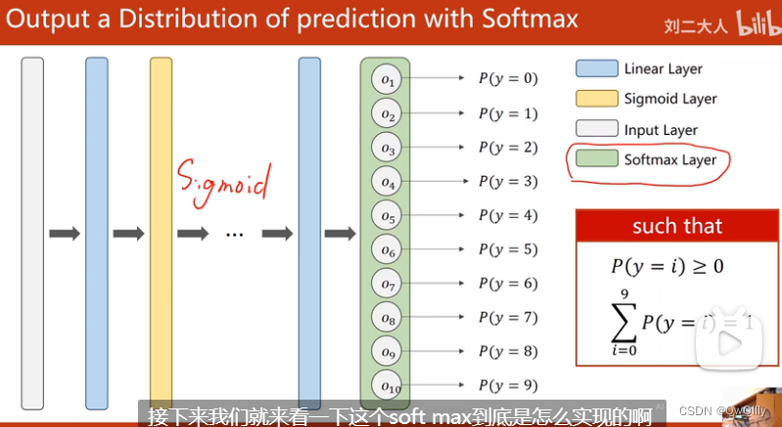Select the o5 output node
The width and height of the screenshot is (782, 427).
[x=389, y=216]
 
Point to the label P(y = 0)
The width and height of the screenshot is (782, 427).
[x=508, y=79]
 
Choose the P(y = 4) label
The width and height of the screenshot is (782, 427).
[x=508, y=215]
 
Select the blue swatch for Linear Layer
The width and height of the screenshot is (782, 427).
[x=595, y=68]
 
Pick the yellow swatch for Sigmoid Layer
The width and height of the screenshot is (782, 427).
[x=595, y=99]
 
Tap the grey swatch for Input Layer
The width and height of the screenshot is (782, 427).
[x=595, y=129]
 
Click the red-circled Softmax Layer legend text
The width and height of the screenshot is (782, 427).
[x=669, y=160]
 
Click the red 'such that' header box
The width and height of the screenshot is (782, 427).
[x=676, y=226]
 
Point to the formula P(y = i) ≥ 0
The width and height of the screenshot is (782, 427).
[x=667, y=266]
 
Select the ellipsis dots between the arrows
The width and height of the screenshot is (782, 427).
[x=234, y=235]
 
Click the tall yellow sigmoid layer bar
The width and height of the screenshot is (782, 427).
[x=161, y=233]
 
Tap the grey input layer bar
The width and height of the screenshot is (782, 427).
[x=32, y=233]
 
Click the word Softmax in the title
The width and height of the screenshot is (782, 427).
[x=526, y=20]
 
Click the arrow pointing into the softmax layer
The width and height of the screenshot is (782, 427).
[x=340, y=234]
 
